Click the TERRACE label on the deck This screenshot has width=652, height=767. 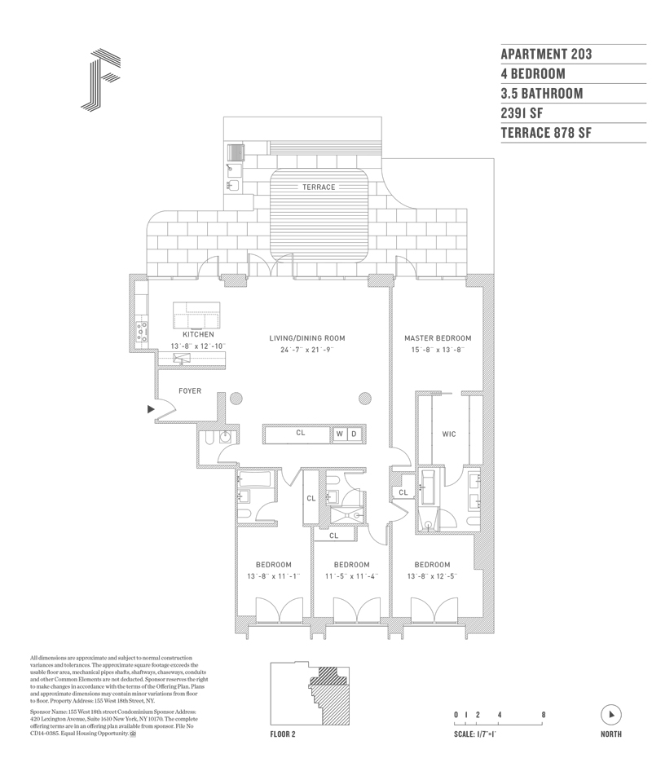click(319, 187)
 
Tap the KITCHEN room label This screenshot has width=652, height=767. click(198, 335)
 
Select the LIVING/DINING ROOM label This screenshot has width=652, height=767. click(308, 338)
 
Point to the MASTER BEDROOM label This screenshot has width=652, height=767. click(438, 338)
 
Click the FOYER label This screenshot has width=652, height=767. click(189, 391)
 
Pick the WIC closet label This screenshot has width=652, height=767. click(448, 434)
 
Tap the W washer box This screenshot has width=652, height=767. click(339, 434)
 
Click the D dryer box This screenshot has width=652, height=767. click(354, 434)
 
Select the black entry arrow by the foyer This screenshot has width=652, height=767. click(151, 409)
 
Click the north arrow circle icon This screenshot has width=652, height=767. click(610, 715)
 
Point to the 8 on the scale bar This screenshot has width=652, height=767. click(543, 715)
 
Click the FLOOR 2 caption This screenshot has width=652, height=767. click(282, 734)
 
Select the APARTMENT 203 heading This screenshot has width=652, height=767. click(546, 55)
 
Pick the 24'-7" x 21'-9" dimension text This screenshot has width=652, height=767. click(308, 350)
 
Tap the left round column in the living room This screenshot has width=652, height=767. click(236, 399)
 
